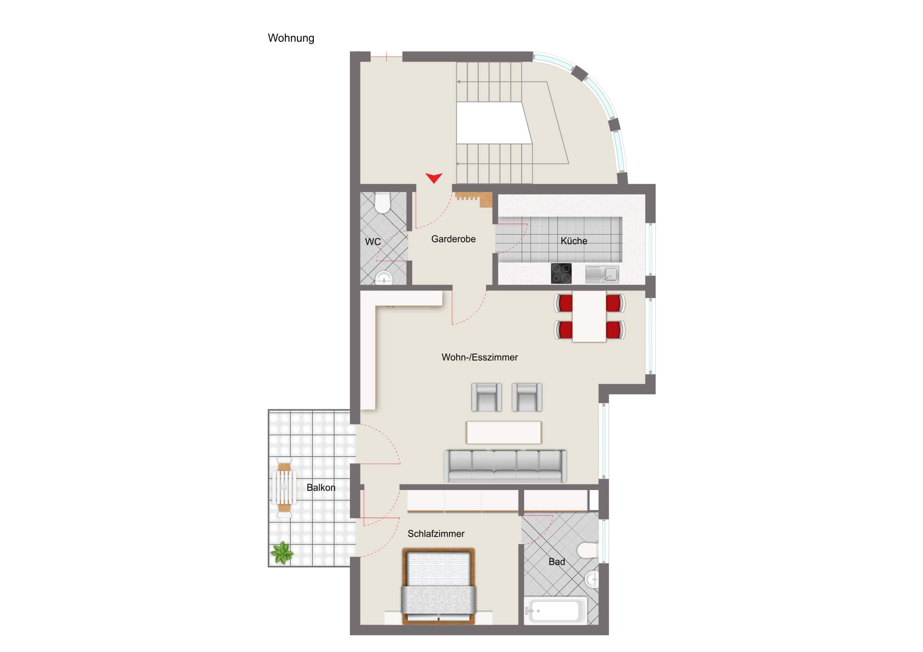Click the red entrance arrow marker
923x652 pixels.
pos(434,178)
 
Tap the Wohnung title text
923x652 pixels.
pos(291,38)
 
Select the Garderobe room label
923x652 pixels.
pos(453,239)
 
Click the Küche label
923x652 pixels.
pos(573,241)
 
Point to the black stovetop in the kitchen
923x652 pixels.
pos(561,273)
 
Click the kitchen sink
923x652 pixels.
pos(602,274)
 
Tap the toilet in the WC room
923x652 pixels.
pos(382,203)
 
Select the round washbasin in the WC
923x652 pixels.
pos(384,278)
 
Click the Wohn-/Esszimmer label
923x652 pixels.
pos(480,357)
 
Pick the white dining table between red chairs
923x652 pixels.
pos(590,317)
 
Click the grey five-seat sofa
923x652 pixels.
pos(505,466)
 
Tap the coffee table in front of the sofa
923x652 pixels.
pos(504,432)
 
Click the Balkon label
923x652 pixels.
pos(321,488)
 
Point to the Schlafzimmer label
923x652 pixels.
pos(436,534)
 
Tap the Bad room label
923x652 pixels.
pos(557,562)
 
